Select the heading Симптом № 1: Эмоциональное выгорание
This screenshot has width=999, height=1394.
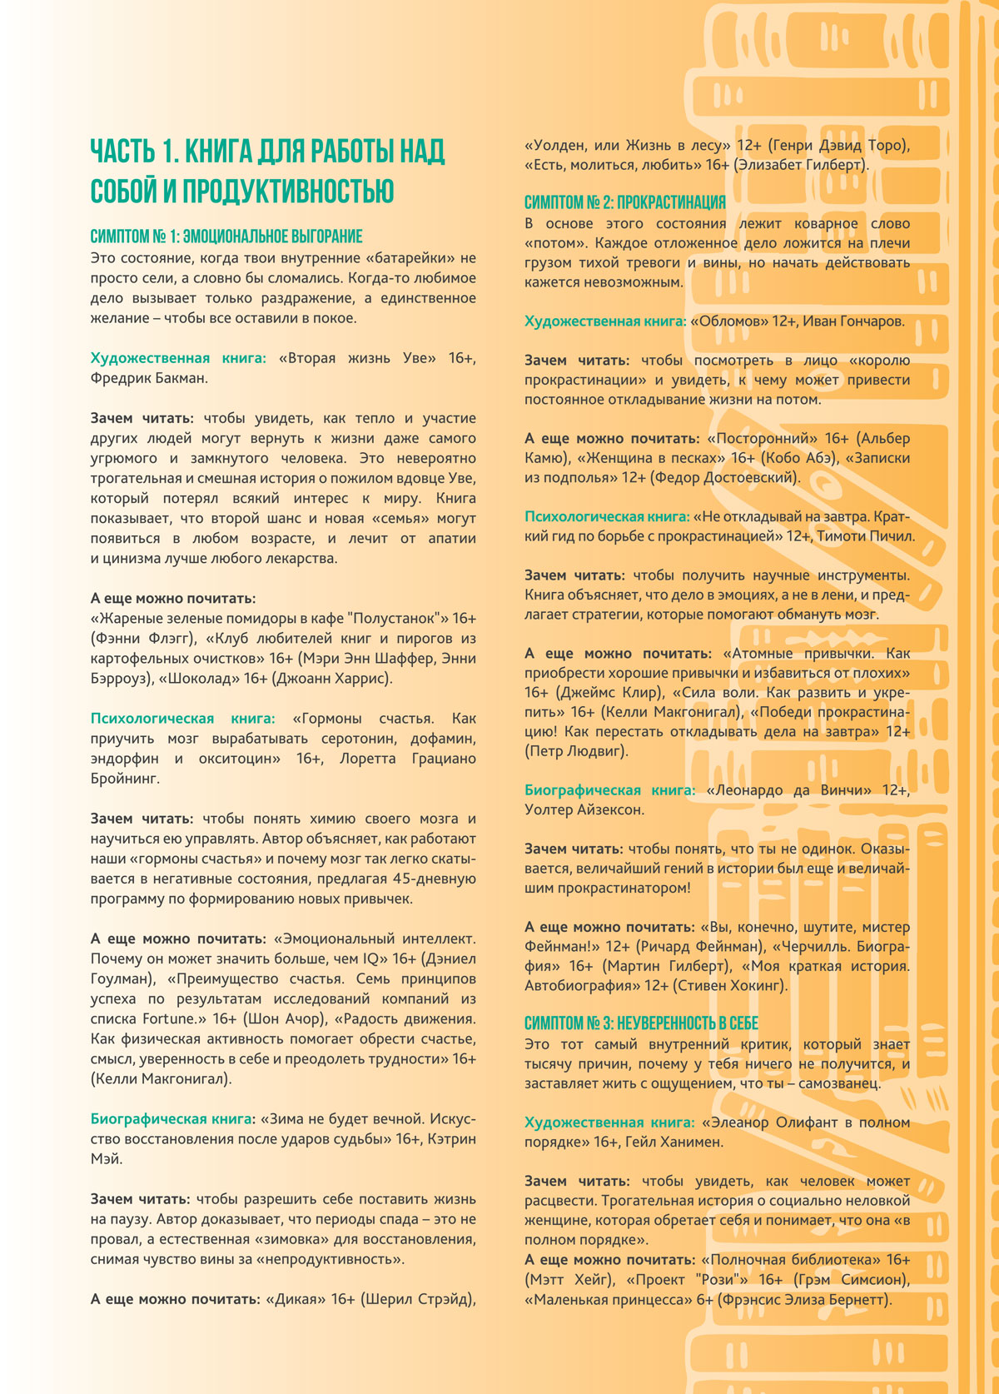pyautogui.click(x=226, y=236)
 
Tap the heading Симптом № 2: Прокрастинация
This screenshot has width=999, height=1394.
pyautogui.click(x=624, y=202)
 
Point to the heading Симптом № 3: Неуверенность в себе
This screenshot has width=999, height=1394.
pyautogui.click(x=641, y=1023)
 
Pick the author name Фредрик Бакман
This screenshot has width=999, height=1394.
pyautogui.click(x=149, y=378)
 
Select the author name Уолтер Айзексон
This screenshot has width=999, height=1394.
pyautogui.click(x=584, y=809)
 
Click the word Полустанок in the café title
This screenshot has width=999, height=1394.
pyautogui.click(x=395, y=619)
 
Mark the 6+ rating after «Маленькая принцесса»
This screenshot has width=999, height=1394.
pyautogui.click(x=703, y=1300)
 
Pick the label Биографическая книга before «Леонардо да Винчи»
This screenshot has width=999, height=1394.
pyautogui.click(x=609, y=789)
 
